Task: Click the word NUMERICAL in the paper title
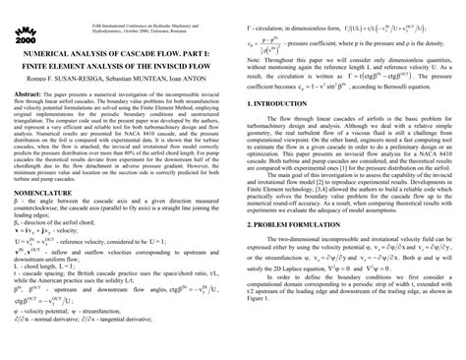[x=38, y=42]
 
